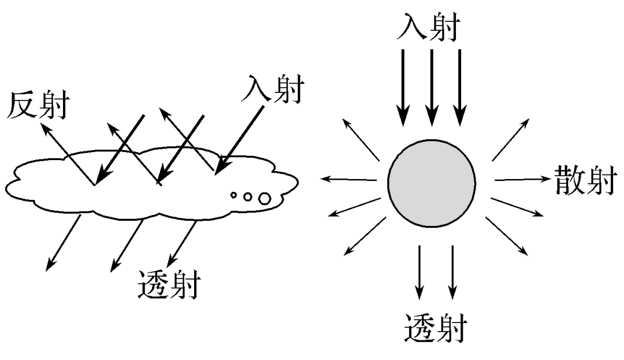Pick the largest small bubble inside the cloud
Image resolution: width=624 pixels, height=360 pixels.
(265, 199)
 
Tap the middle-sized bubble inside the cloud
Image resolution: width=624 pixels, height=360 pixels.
(248, 197)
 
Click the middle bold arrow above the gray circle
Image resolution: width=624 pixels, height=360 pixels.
(431, 87)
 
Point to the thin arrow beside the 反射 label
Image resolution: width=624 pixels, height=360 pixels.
(68, 153)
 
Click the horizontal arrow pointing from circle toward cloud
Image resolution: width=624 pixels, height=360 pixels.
(350, 179)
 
